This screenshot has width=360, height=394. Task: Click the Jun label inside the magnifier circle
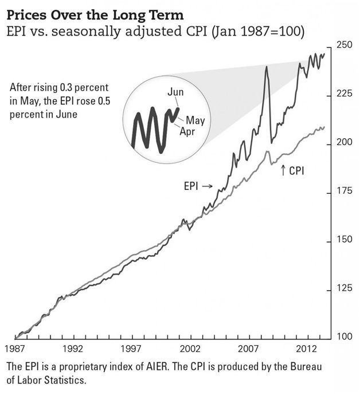(x=176, y=92)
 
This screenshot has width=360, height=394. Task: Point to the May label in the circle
(x=195, y=120)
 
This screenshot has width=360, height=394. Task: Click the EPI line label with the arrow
(x=197, y=186)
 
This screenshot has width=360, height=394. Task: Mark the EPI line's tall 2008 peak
(x=267, y=68)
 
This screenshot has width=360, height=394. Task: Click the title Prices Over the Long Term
(x=80, y=13)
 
